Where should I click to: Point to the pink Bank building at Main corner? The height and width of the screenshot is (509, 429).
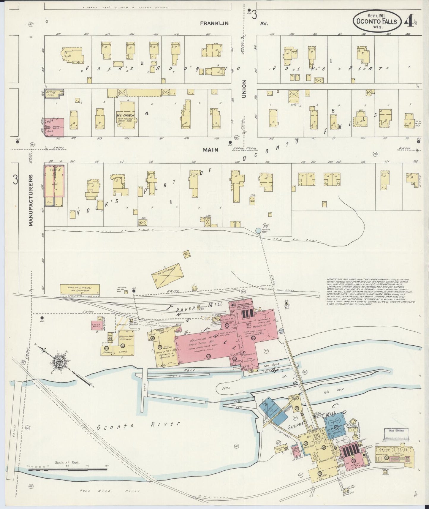pyautogui.click(x=54, y=127)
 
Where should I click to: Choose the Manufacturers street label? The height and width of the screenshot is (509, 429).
pyautogui.click(x=31, y=200)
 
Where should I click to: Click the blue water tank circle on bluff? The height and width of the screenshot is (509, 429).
pyautogui.click(x=258, y=230)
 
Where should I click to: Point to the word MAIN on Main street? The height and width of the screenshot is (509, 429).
pyautogui.click(x=210, y=150)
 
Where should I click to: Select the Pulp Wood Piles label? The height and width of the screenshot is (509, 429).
pyautogui.click(x=110, y=491)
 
